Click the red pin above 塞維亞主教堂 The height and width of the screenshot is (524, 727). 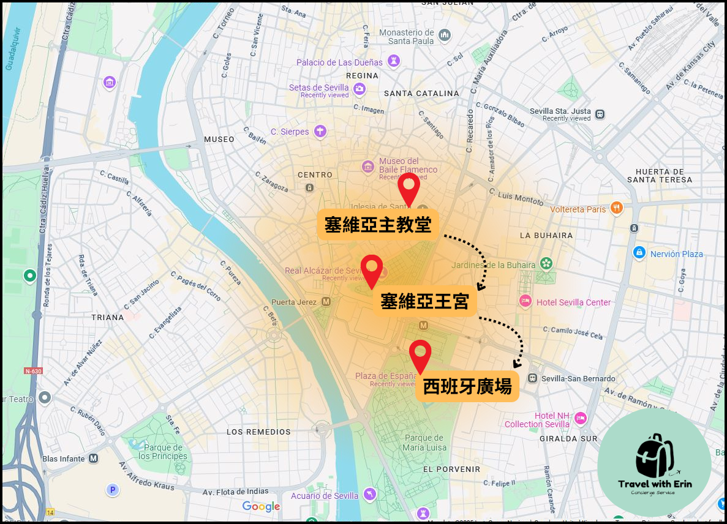(409, 186)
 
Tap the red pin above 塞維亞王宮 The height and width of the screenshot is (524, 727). (372, 268)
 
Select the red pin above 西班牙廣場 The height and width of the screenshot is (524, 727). (420, 353)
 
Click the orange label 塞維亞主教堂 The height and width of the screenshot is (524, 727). (378, 225)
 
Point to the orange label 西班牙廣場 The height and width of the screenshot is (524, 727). (467, 387)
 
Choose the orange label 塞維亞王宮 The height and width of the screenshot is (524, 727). (424, 302)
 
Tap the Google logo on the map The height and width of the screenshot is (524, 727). (261, 506)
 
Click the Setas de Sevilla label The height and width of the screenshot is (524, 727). (318, 88)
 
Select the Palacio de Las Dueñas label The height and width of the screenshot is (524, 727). (339, 62)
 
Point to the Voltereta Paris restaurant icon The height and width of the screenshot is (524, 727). (616, 208)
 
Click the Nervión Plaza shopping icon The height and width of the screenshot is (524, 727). (639, 252)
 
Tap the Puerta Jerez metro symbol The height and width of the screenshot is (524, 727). (326, 302)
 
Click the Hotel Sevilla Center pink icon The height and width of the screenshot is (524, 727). (525, 301)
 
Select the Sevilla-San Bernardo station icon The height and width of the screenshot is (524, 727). (533, 378)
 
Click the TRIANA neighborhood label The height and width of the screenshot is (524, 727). (107, 317)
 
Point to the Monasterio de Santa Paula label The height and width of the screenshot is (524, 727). (407, 36)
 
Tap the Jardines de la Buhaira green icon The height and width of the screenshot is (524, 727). (545, 264)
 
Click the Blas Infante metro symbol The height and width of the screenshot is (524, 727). (94, 458)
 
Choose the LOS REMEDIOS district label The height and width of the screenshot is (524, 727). (258, 432)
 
